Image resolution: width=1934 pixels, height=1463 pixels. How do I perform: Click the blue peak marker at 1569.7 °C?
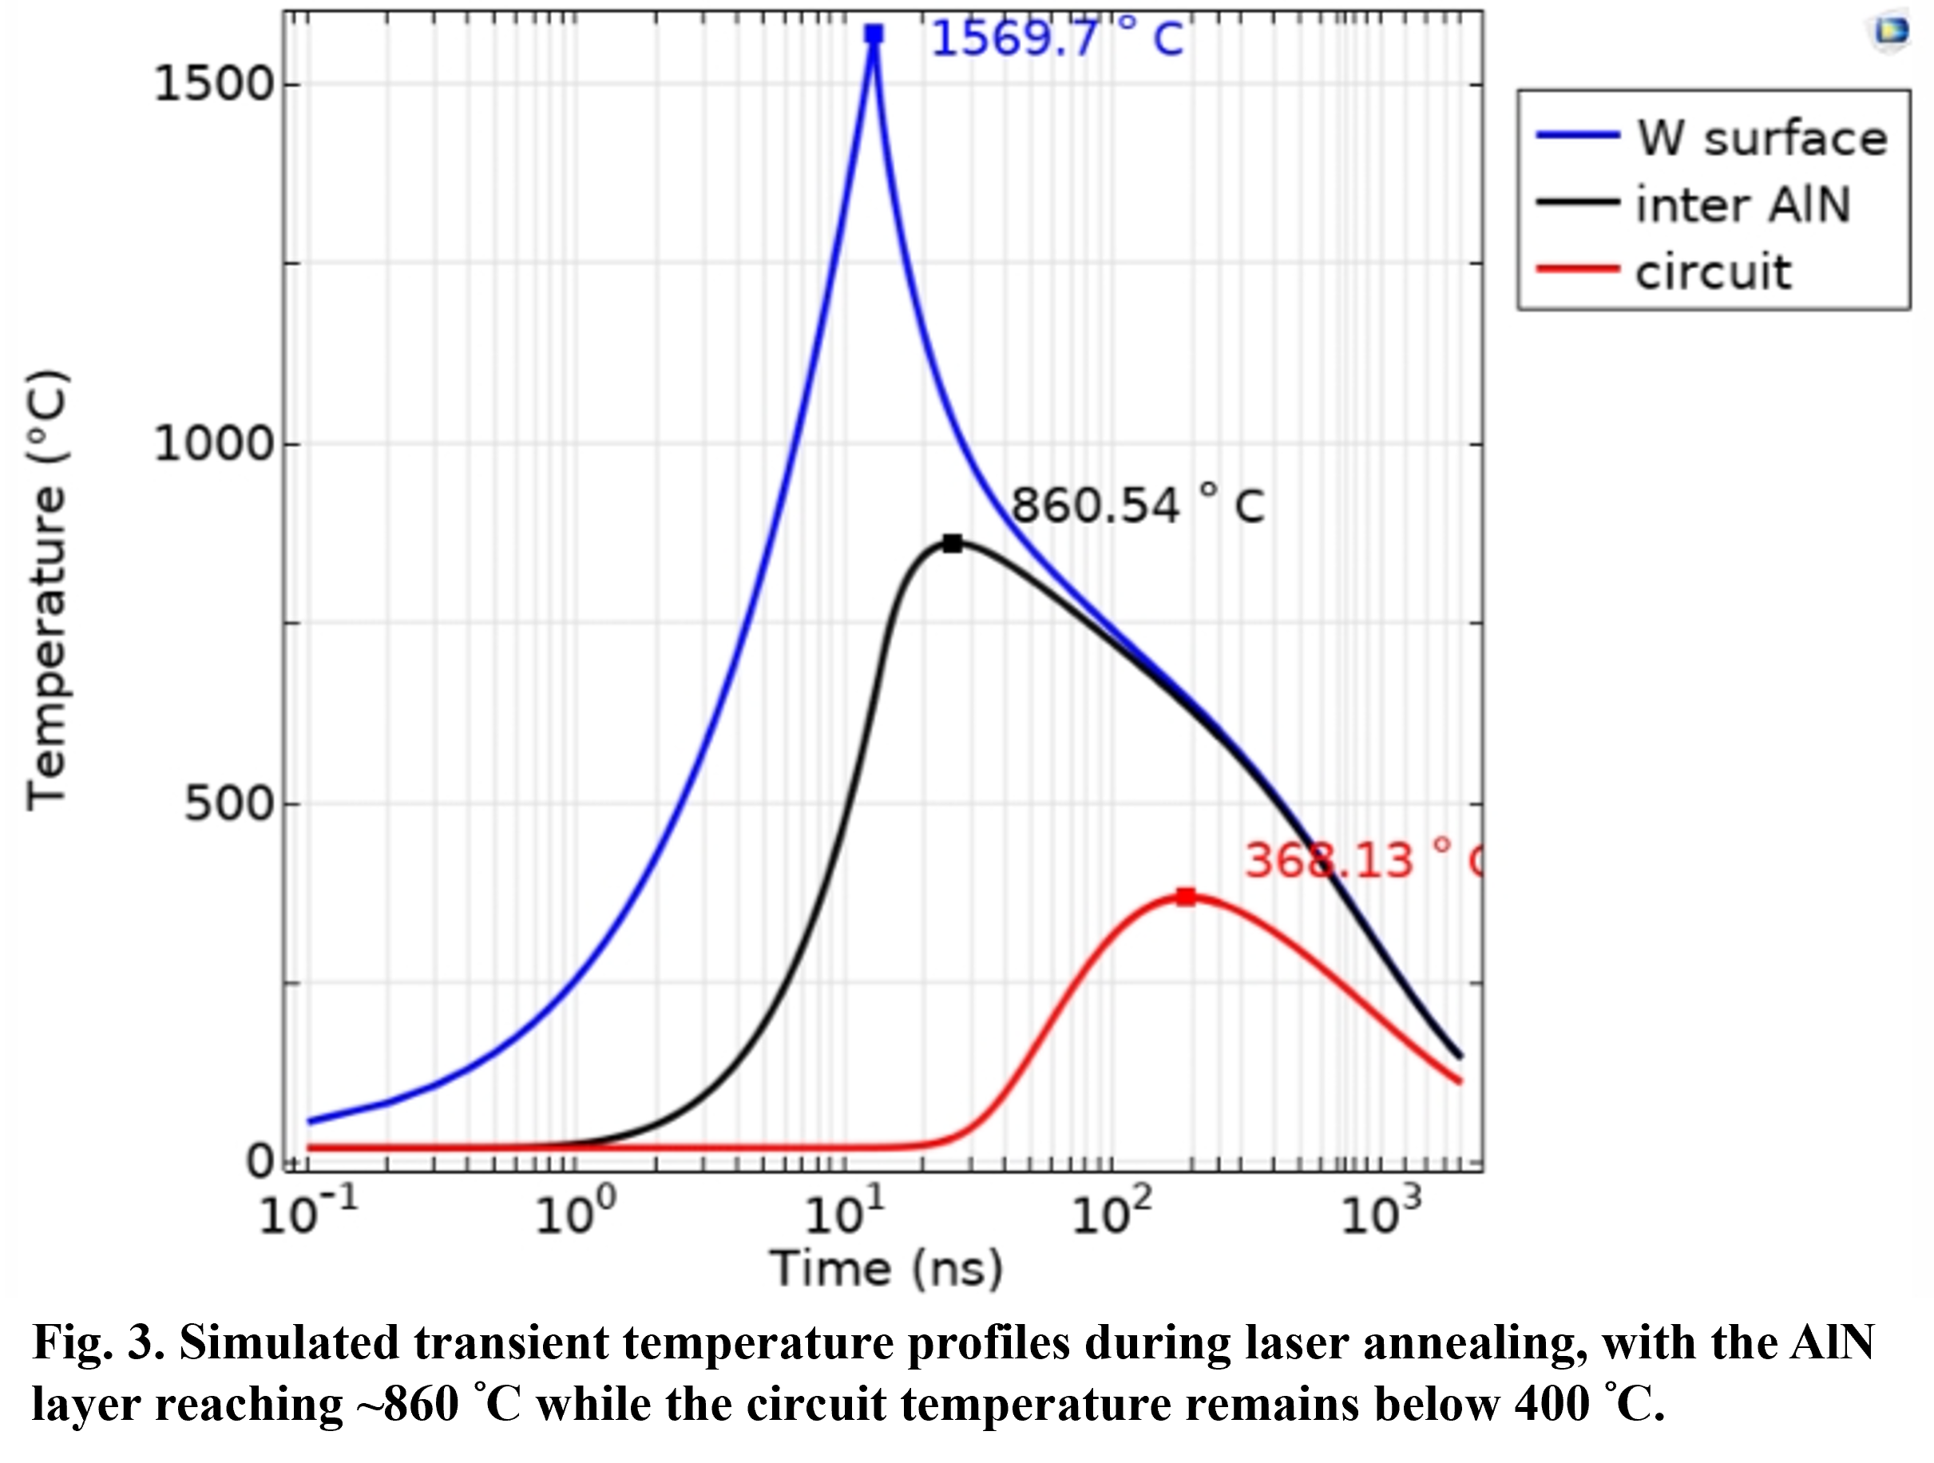(874, 34)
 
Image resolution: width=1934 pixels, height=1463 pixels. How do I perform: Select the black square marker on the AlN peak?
(952, 544)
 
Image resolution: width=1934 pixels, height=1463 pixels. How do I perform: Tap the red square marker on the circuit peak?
(1186, 896)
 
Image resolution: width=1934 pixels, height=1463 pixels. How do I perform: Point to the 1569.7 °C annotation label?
(1057, 38)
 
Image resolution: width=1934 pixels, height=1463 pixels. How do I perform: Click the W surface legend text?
(1762, 138)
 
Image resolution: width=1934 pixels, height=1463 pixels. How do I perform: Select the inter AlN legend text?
(1742, 204)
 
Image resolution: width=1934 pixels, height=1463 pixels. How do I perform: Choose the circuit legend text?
(1714, 272)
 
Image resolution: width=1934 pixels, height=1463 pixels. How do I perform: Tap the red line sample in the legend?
(1578, 268)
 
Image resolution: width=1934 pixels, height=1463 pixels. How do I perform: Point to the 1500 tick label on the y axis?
(214, 84)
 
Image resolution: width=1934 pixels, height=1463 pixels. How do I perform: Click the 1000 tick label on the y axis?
(214, 443)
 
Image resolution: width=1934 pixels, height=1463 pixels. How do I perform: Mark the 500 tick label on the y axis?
(229, 803)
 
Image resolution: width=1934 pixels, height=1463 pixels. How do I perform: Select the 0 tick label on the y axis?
(260, 1161)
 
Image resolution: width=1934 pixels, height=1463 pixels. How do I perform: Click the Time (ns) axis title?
(886, 1269)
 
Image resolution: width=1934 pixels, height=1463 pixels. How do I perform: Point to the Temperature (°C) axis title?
(46, 591)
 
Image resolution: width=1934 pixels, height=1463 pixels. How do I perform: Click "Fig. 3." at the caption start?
(99, 1343)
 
